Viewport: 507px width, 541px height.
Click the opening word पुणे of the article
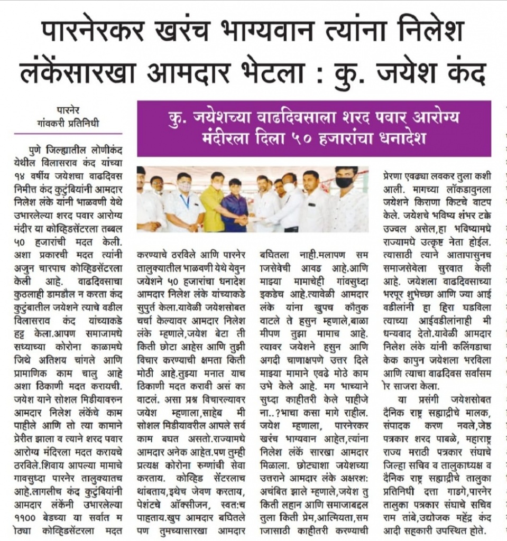[39, 150]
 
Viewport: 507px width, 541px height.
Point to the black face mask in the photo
[344, 182]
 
